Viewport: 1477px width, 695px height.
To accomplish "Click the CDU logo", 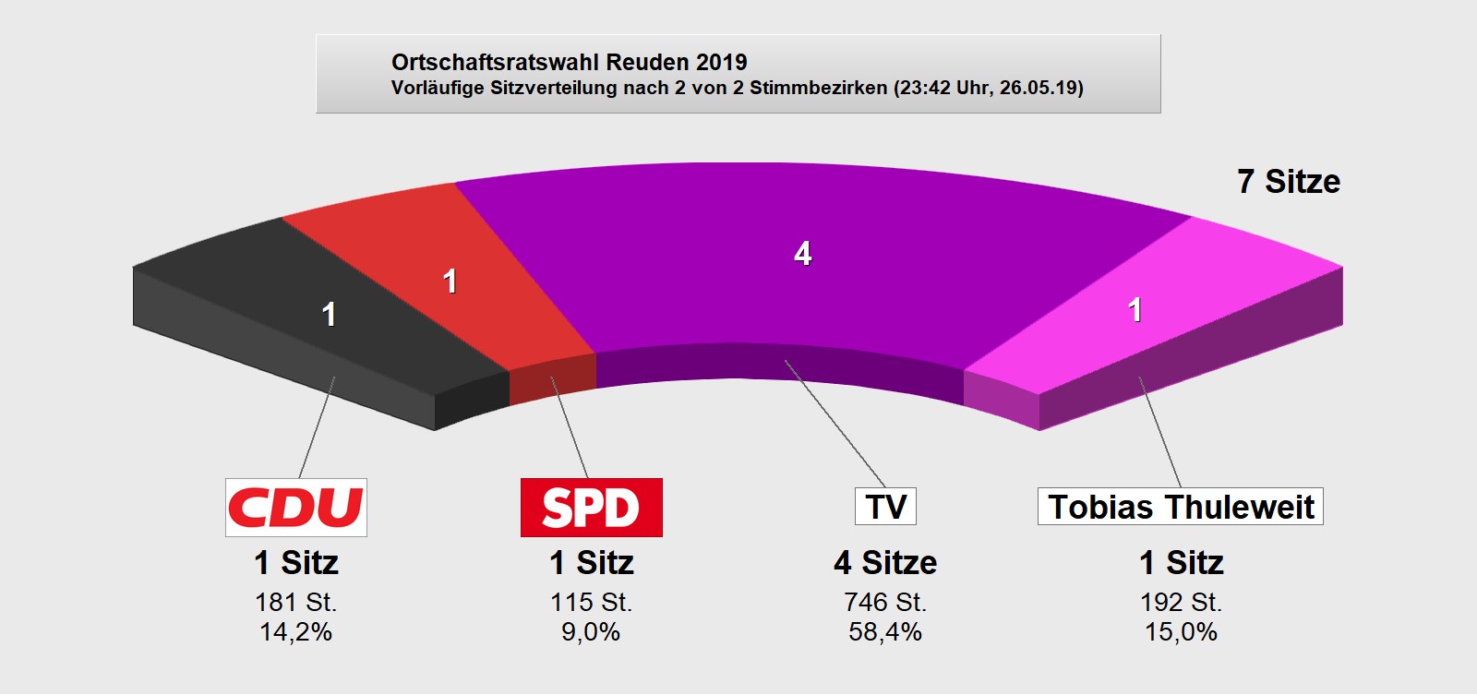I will click(295, 507).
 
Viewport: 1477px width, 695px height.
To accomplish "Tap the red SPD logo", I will click(591, 507).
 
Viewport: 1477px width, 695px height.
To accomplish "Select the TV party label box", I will click(885, 507).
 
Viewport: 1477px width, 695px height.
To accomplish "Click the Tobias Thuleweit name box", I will click(1180, 507).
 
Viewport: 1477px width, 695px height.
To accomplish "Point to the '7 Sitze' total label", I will click(1288, 182).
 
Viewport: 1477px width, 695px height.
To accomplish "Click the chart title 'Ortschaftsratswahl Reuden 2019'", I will click(569, 62).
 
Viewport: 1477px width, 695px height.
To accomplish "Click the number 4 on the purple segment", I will click(803, 254).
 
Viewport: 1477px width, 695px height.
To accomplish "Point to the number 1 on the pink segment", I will click(1135, 310).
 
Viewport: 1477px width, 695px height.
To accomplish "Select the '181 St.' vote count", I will click(295, 602).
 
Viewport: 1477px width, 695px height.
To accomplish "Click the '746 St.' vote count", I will click(885, 602).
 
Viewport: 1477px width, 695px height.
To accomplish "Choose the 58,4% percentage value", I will click(885, 632).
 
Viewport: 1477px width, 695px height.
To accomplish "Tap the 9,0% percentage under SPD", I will click(591, 632).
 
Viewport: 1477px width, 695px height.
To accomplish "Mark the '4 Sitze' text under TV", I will click(885, 562).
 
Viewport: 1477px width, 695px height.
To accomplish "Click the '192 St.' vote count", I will click(1181, 602).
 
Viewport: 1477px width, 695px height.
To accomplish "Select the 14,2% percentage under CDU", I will click(295, 632).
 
